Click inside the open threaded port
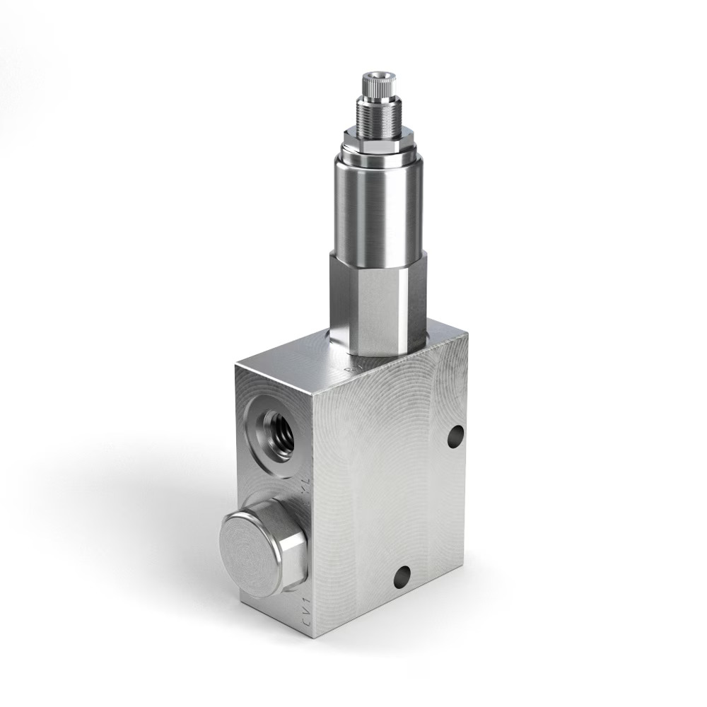click(x=278, y=432)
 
